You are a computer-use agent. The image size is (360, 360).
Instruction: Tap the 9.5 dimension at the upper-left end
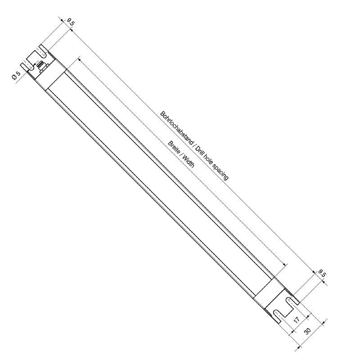coord(70,22)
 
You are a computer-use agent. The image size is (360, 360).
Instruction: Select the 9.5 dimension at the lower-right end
coord(322,273)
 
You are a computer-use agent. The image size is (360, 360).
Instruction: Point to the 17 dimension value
coord(296,320)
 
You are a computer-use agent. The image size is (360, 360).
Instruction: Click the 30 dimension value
coord(308,331)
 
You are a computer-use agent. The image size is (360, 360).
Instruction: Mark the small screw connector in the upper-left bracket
coord(42,66)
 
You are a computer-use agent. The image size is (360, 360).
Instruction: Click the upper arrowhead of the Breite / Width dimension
coord(79,58)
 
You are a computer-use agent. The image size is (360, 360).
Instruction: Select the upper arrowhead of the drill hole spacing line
coord(71,31)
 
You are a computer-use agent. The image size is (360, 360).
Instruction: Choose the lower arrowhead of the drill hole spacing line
coord(313,273)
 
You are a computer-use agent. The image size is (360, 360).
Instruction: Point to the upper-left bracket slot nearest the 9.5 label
coord(44,49)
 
